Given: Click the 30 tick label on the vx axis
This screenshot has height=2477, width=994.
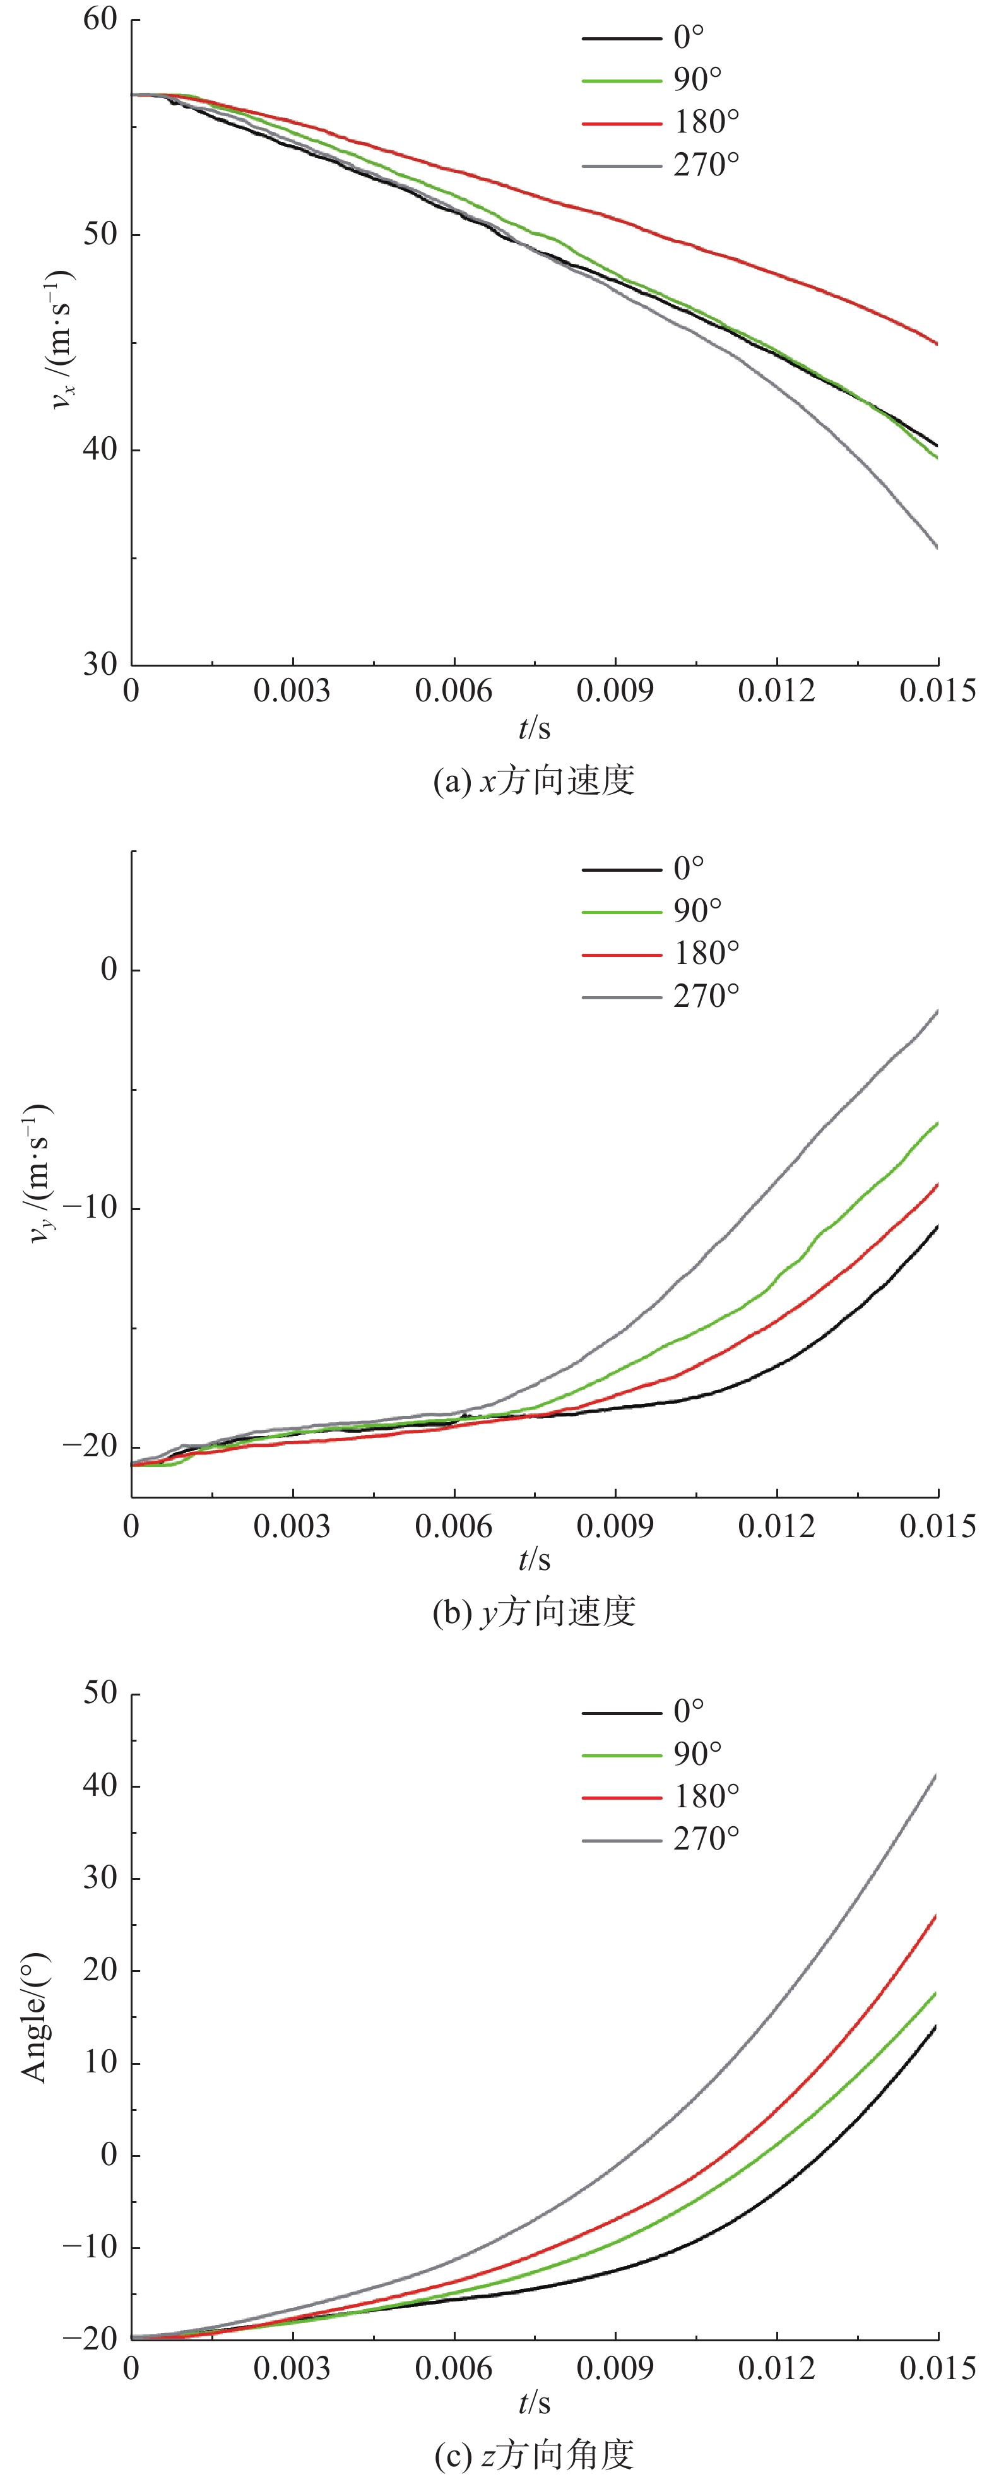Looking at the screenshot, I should click(100, 665).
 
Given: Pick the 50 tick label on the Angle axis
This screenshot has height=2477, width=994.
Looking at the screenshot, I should click(100, 1694).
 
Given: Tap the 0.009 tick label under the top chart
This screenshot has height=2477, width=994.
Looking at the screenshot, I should click(615, 691).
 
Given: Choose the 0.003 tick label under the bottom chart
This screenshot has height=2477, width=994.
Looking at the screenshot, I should click(292, 2368).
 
